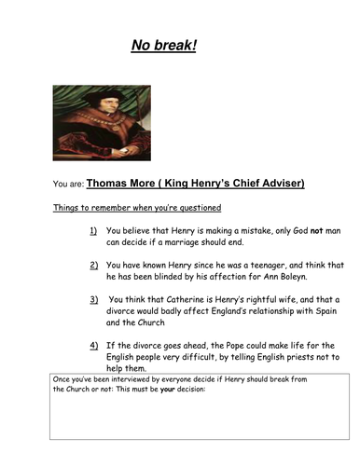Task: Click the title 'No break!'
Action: coord(163,46)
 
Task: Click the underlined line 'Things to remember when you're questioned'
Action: coord(136,207)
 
